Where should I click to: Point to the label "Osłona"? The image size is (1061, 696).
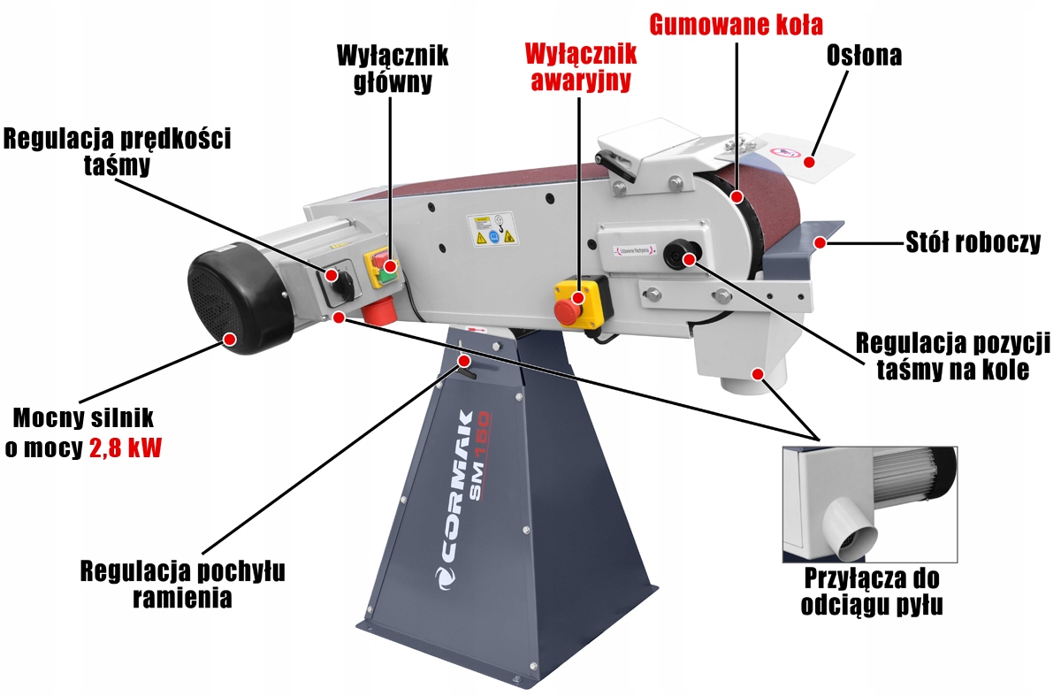864,56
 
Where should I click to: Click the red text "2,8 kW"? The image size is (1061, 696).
126,447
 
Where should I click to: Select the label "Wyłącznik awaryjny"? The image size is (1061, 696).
580,66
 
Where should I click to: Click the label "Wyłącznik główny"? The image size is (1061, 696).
393,69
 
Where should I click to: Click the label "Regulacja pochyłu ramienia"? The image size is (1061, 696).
183,585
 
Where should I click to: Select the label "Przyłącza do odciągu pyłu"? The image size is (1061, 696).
871,593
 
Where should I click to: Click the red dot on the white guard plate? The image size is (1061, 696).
808,162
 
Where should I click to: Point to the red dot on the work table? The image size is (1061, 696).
821,241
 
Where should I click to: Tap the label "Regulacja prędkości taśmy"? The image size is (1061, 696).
117,152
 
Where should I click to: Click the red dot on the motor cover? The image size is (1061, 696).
230,338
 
